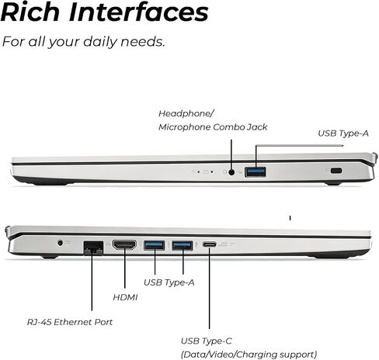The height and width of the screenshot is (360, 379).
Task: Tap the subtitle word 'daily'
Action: coord(99,42)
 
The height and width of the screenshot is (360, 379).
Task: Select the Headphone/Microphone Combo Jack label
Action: coord(213,120)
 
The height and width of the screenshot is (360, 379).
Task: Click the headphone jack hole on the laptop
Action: coord(231,172)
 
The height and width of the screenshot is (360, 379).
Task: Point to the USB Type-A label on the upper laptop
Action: coord(343,133)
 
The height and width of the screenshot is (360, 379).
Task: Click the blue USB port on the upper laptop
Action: coord(256,172)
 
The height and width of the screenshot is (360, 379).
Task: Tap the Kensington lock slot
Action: coord(336,171)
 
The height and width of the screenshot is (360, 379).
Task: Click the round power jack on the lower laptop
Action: coord(61,243)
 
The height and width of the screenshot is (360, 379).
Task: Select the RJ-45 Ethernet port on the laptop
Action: coord(93,247)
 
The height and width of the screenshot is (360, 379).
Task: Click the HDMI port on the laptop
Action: coord(124,245)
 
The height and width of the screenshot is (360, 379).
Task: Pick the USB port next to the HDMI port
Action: coord(154,245)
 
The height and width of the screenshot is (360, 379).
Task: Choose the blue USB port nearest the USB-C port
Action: coord(183,245)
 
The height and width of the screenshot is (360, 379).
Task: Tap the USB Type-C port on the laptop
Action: coord(210,244)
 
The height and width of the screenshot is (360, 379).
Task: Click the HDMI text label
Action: coord(125,297)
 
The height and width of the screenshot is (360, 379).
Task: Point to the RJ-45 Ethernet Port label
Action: coord(70,322)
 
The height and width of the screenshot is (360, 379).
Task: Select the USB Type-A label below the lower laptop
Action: coord(169,282)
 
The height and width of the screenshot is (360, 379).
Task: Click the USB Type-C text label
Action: coord(207,341)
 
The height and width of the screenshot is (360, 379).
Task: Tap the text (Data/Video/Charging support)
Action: coord(249,355)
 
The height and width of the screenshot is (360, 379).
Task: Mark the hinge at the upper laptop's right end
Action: coord(374,157)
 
